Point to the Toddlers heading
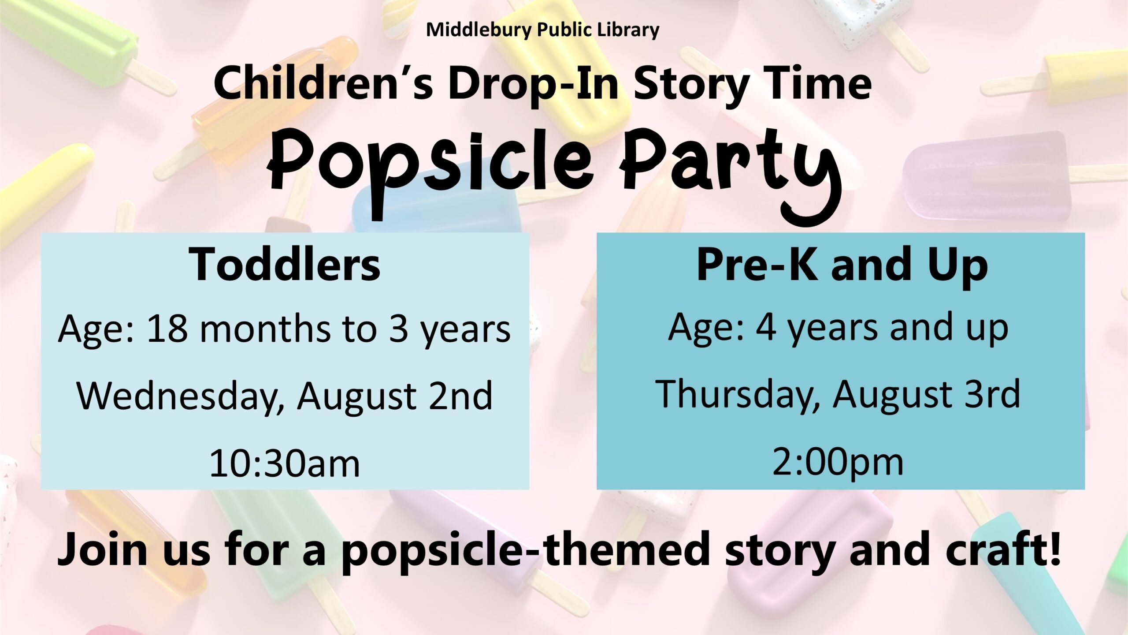[285, 264]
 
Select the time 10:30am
[285, 463]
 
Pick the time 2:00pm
[838, 463]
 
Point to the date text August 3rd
[927, 396]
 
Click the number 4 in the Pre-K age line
[766, 328]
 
